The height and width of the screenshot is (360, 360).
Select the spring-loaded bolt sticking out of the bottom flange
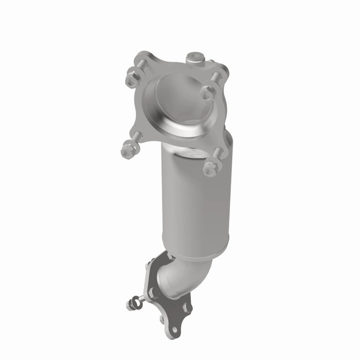click(x=135, y=303)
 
